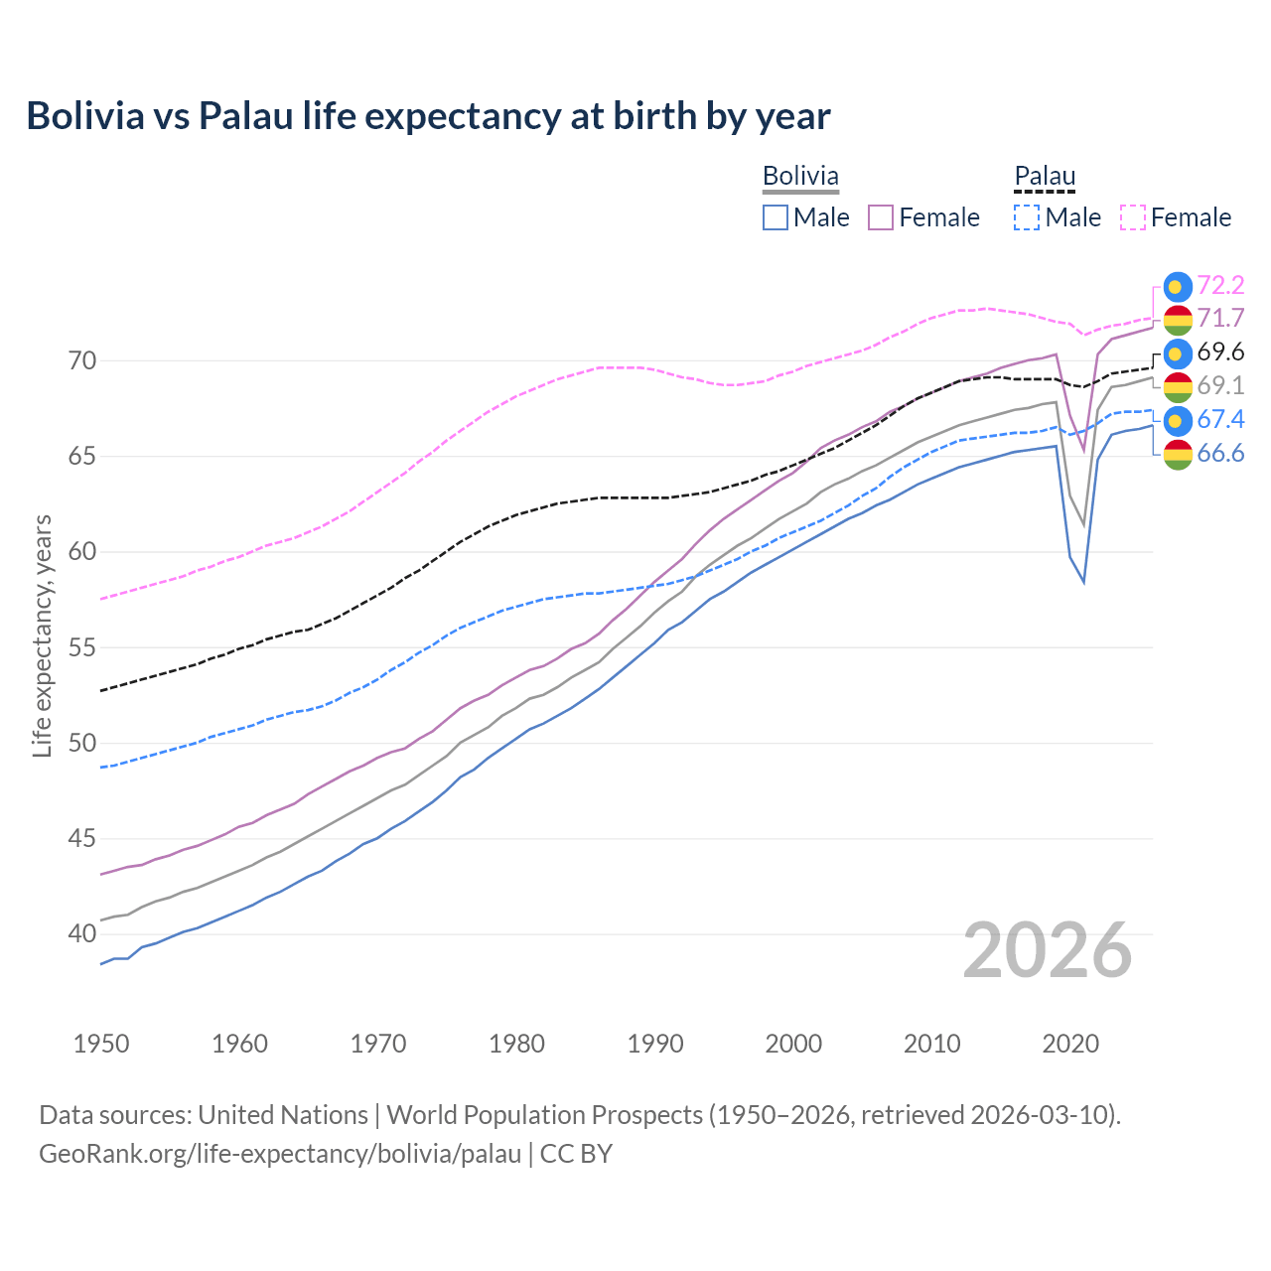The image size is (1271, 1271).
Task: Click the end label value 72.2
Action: pyautogui.click(x=1220, y=286)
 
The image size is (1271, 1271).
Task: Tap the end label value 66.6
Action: pyautogui.click(x=1220, y=454)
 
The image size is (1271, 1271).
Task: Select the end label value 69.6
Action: pyautogui.click(x=1220, y=353)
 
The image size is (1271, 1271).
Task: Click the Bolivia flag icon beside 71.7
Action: pyautogui.click(x=1178, y=320)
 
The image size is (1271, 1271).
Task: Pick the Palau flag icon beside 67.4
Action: pyautogui.click(x=1178, y=421)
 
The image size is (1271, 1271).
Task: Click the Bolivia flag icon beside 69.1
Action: pyautogui.click(x=1178, y=387)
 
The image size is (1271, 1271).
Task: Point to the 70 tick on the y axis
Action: pyautogui.click(x=82, y=360)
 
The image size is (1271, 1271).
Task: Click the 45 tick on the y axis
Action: pyautogui.click(x=82, y=839)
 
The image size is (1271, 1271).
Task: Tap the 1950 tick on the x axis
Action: pyautogui.click(x=101, y=1044)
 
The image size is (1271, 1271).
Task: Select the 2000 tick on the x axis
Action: pyautogui.click(x=793, y=1044)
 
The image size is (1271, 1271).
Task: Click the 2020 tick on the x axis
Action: pyautogui.click(x=1070, y=1044)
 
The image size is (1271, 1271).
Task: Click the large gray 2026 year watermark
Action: pyautogui.click(x=1047, y=951)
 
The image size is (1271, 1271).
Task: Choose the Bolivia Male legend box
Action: pyautogui.click(x=776, y=217)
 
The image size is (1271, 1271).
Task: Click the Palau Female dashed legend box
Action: pyautogui.click(x=1133, y=217)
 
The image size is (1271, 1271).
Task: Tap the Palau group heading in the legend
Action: pyautogui.click(x=1045, y=177)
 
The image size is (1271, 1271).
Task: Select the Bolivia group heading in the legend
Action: pyautogui.click(x=800, y=177)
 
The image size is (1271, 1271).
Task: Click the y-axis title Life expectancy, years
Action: pyautogui.click(x=43, y=635)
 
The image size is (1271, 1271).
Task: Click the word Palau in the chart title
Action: pyautogui.click(x=245, y=116)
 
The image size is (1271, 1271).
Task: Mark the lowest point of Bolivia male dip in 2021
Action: pyautogui.click(x=1083, y=582)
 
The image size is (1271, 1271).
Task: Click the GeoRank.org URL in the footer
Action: pyautogui.click(x=280, y=1154)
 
